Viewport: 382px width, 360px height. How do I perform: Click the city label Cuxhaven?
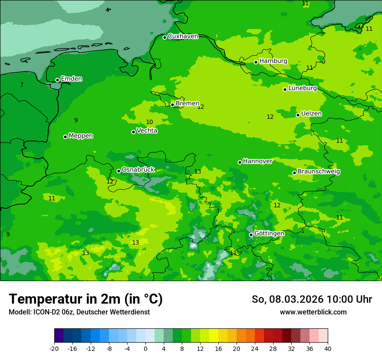(183, 36)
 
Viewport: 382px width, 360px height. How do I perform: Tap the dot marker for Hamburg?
(256, 62)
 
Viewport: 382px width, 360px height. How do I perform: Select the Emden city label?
(71, 79)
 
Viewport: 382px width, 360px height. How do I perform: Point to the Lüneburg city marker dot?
(285, 89)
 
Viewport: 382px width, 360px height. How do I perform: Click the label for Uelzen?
(311, 114)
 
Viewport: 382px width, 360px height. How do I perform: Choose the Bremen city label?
(187, 104)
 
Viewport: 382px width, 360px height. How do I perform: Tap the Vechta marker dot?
(134, 132)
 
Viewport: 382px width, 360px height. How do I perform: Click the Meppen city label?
(81, 136)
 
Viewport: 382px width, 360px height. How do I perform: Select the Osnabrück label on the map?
(138, 170)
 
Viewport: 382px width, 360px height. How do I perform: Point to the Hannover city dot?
(240, 162)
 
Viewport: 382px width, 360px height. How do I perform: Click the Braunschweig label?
(319, 172)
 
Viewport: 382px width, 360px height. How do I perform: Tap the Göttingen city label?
(269, 234)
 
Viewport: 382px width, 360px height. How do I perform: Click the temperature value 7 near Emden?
(22, 85)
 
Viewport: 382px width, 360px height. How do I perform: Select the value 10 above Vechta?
(149, 122)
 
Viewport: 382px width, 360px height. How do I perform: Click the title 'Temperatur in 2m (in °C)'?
(86, 299)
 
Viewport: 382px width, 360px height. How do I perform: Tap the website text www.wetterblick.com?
(313, 312)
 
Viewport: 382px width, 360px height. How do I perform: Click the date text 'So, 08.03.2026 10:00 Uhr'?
(312, 299)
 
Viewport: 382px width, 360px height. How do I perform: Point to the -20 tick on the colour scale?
(54, 348)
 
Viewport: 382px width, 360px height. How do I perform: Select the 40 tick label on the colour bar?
(327, 348)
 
